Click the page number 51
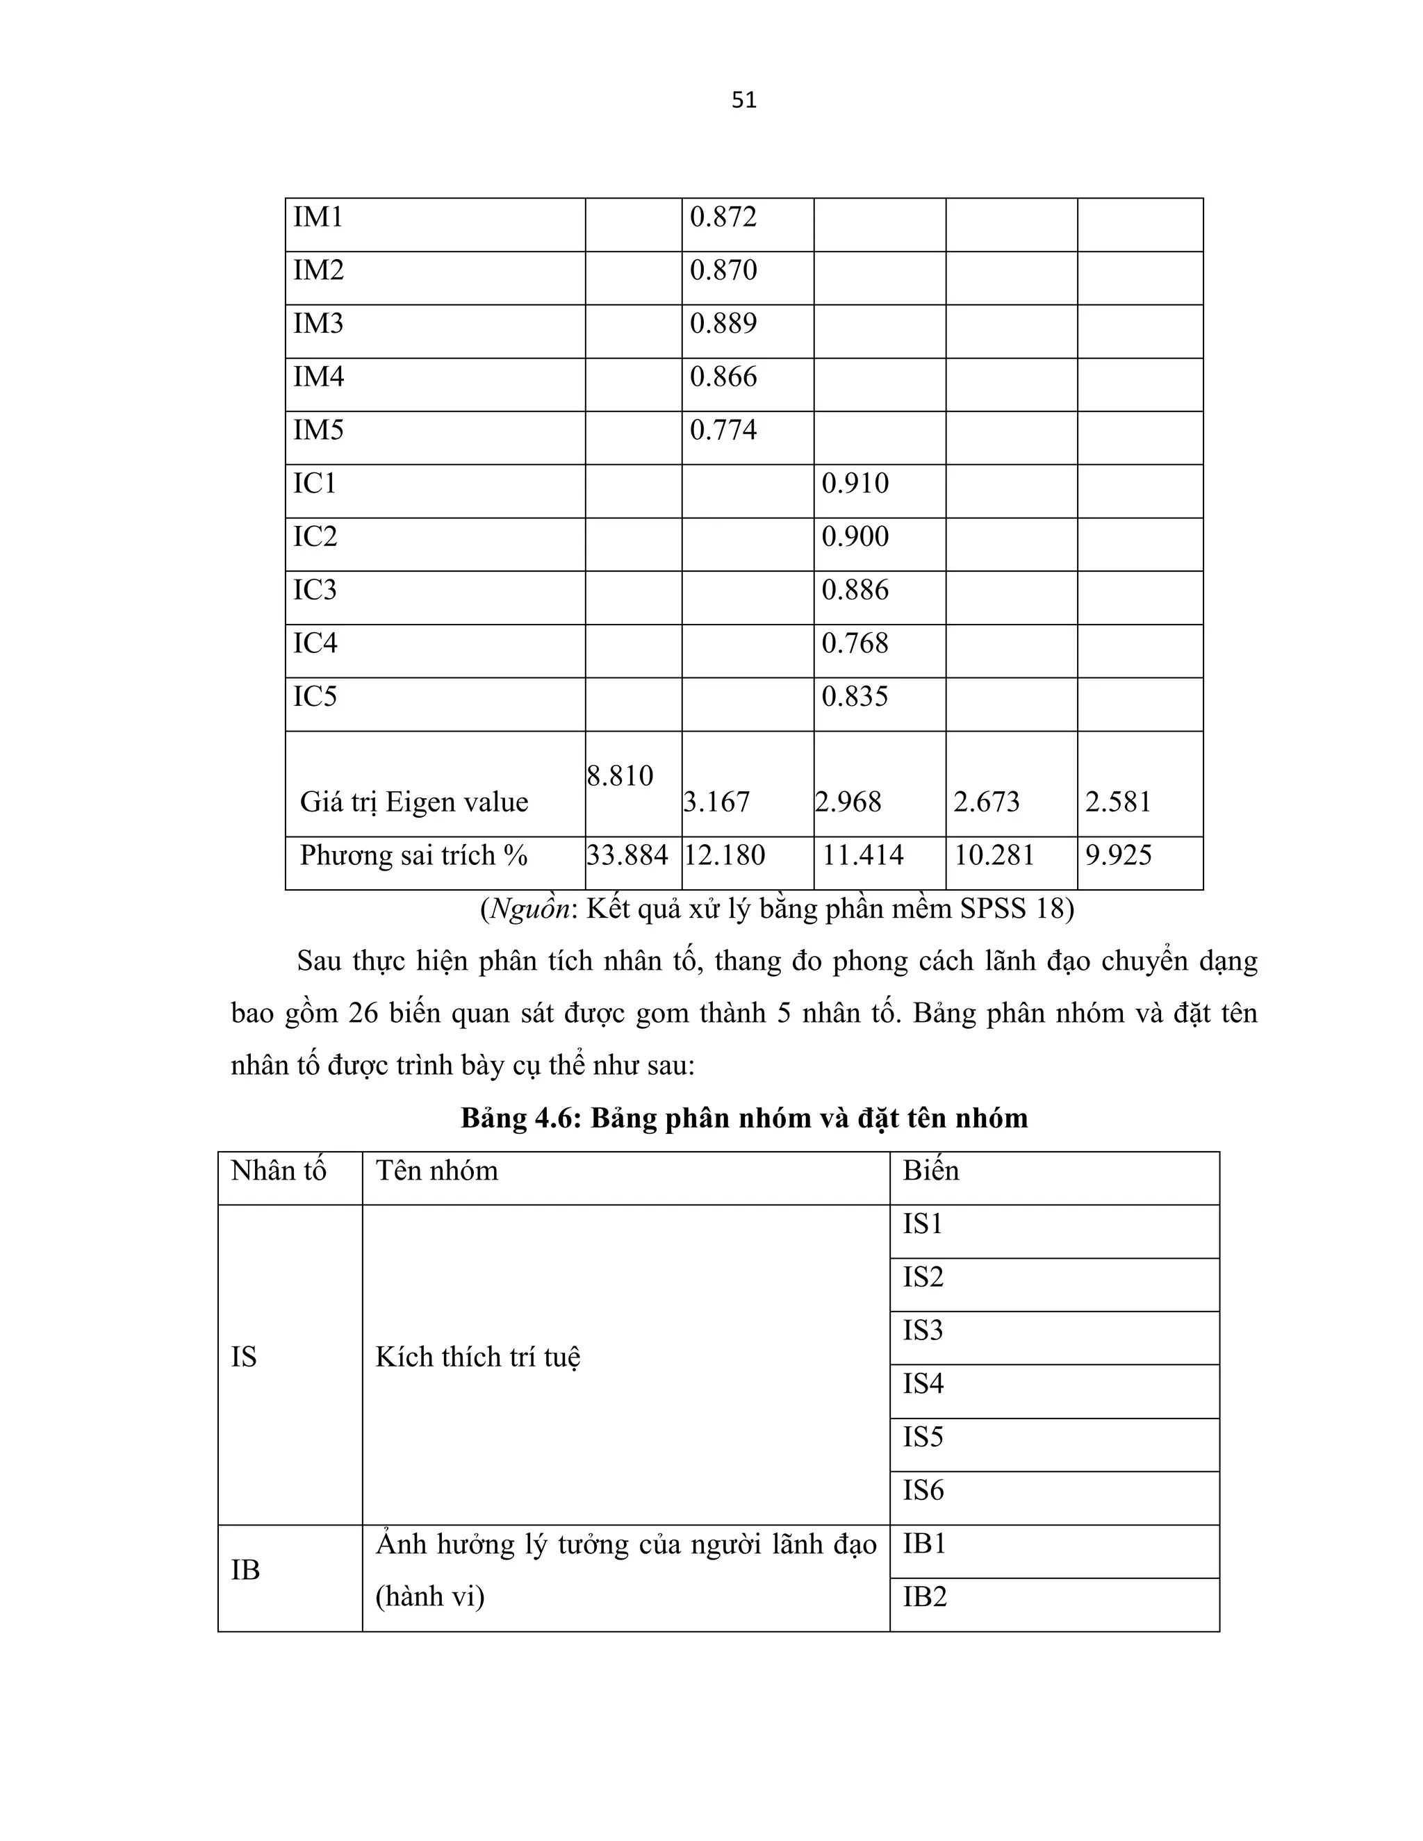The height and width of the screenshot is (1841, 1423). click(x=743, y=100)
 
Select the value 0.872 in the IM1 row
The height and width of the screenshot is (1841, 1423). click(x=723, y=217)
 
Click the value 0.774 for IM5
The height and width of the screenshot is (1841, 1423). click(x=723, y=431)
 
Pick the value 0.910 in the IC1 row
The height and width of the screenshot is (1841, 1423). click(x=855, y=484)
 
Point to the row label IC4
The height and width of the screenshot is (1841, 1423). click(x=315, y=643)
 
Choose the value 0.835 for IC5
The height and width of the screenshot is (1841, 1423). click(x=855, y=696)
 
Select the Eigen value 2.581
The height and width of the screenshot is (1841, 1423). click(x=1118, y=802)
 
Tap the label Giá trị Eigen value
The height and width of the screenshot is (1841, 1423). click(x=414, y=802)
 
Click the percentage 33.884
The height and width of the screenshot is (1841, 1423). click(x=627, y=856)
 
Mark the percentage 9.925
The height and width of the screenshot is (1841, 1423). click(x=1118, y=856)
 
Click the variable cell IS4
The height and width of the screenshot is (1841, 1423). click(x=923, y=1384)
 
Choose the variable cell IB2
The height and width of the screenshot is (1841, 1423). click(x=925, y=1597)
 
